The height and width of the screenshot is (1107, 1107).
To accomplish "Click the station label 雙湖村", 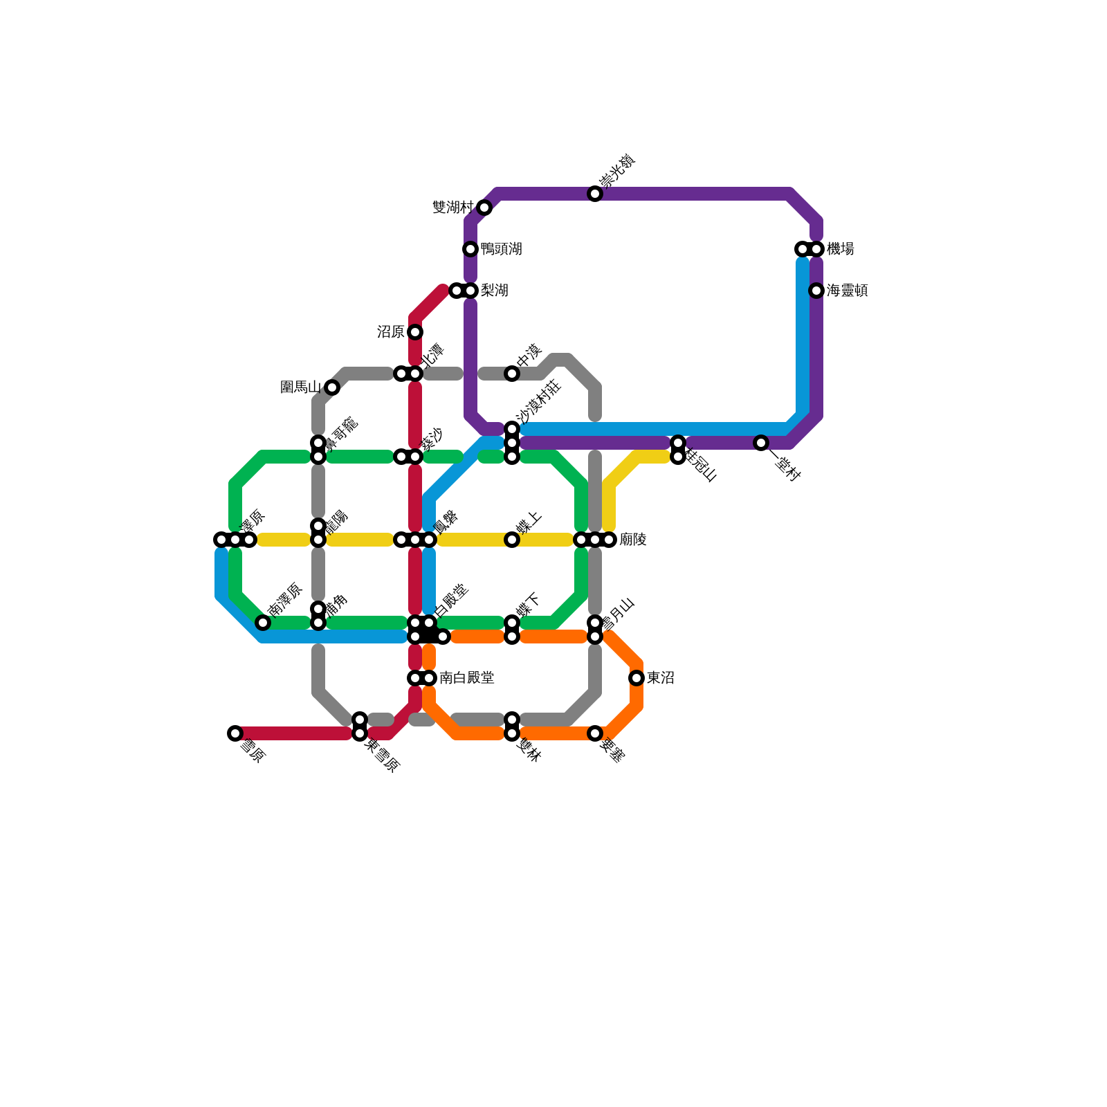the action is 452,208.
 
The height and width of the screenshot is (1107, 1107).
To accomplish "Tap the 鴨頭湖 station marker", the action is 470,249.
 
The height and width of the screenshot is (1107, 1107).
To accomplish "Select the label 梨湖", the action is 495,291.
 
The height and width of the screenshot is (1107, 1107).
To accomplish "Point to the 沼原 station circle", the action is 415,332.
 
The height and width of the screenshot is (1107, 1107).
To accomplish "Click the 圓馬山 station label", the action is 300,387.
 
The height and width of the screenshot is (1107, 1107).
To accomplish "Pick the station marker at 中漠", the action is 512,374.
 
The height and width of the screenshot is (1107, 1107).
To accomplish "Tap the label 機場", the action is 841,249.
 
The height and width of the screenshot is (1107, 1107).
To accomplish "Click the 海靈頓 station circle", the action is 816,291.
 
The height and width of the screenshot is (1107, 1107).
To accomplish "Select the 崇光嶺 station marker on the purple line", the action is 595,194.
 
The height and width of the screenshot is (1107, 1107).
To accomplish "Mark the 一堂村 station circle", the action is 761,443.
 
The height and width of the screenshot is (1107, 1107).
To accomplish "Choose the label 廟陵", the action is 633,540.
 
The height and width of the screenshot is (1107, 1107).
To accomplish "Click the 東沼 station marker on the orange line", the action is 637,678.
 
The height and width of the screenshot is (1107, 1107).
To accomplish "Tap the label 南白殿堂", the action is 467,678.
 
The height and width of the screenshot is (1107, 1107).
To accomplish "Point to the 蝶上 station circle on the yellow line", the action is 512,540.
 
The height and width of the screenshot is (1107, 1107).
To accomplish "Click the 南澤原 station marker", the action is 263,623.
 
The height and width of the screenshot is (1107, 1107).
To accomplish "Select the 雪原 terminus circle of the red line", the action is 235,733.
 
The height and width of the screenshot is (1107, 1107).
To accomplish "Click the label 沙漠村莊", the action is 539,401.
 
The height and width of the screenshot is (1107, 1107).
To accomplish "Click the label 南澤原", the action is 285,599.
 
